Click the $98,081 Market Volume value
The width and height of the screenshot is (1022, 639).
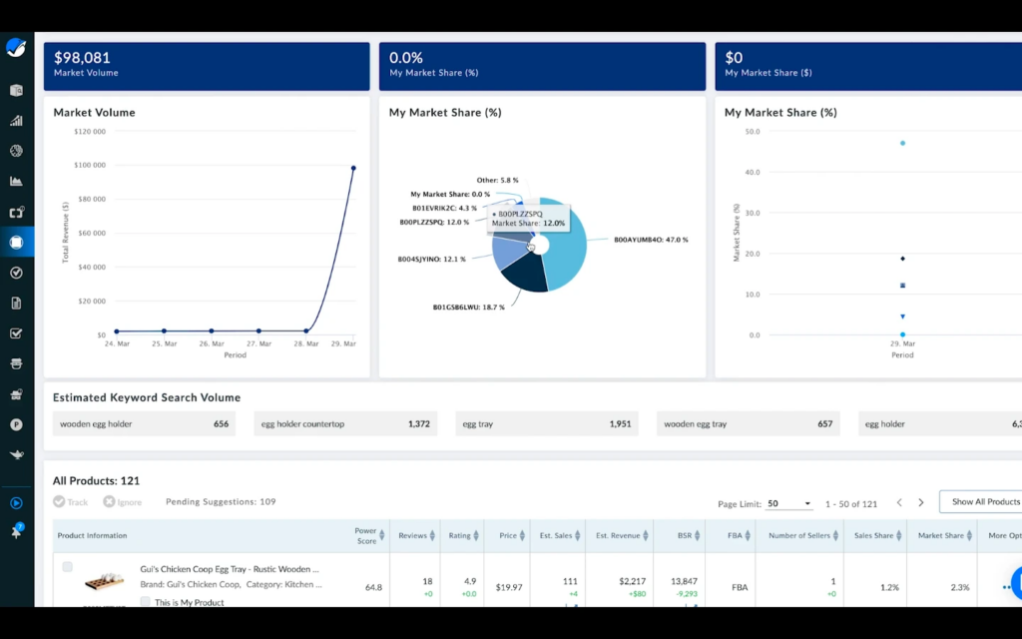pyautogui.click(x=82, y=58)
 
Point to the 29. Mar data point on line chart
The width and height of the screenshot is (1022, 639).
pyautogui.click(x=353, y=168)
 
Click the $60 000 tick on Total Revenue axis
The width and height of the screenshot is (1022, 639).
pyautogui.click(x=92, y=233)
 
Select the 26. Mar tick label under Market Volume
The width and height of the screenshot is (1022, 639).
pyautogui.click(x=212, y=343)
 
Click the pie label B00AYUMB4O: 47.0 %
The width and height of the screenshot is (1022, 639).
pyautogui.click(x=651, y=240)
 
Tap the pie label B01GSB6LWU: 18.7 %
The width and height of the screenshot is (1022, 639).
pyautogui.click(x=468, y=308)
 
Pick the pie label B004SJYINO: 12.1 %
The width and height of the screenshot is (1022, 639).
pyautogui.click(x=431, y=260)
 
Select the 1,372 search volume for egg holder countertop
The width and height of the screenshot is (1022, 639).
pyautogui.click(x=418, y=424)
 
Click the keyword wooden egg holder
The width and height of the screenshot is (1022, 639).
pyautogui.click(x=96, y=424)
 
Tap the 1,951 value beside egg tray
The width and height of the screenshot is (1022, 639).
pyautogui.click(x=620, y=424)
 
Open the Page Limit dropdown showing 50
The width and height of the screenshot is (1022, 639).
pyautogui.click(x=789, y=503)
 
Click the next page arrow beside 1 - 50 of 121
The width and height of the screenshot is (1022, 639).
pyautogui.click(x=921, y=503)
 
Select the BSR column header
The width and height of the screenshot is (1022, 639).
pyautogui.click(x=685, y=536)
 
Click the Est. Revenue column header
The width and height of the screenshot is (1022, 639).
pyautogui.click(x=618, y=536)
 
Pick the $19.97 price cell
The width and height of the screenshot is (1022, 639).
pyautogui.click(x=508, y=587)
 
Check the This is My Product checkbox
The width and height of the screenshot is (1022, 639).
pyautogui.click(x=146, y=602)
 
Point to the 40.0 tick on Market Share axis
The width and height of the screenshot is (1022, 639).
pyautogui.click(x=753, y=172)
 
